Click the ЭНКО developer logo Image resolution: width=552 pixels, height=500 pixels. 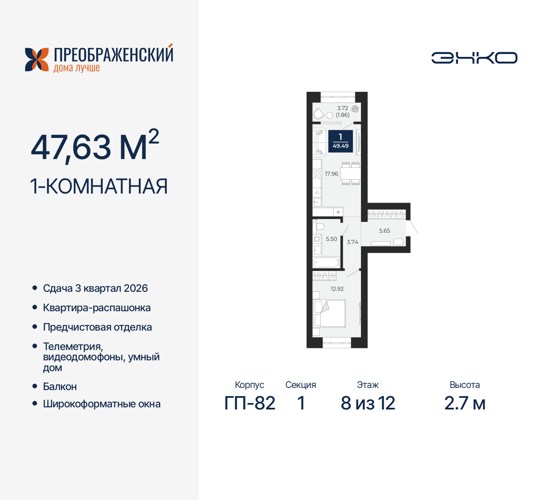474,58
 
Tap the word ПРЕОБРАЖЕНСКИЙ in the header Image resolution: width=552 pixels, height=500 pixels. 113,55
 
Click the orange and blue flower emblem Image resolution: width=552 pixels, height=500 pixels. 37,59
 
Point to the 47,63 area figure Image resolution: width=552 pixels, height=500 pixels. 71,147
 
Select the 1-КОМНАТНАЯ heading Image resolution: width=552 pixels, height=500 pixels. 99,187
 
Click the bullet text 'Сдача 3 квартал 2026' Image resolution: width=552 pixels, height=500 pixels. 95,288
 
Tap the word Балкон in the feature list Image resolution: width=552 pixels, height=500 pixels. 60,387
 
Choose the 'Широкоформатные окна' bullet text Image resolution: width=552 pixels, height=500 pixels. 102,404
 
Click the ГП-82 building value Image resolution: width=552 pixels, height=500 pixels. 250,403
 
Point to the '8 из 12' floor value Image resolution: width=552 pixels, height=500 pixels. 368,403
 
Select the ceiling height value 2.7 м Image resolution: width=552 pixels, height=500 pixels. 465,403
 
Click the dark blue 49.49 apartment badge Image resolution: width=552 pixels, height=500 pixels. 341,141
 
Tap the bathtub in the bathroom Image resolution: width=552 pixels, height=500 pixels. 326,262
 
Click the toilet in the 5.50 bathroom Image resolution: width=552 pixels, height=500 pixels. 320,226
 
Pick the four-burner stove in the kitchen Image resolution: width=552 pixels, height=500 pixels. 317,174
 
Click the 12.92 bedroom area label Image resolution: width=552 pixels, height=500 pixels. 337,289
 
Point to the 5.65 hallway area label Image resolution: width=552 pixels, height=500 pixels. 385,231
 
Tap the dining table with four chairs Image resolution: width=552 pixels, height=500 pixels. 351,174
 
